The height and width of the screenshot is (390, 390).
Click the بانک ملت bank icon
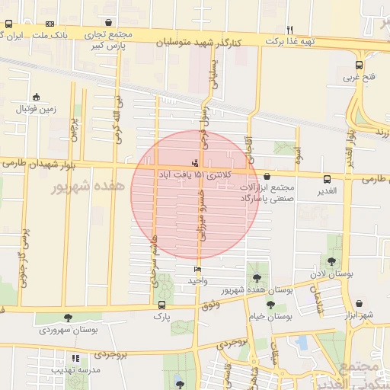click(50, 24)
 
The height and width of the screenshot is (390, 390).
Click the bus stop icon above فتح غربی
click(359, 66)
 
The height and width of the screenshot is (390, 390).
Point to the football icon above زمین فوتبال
click(36, 97)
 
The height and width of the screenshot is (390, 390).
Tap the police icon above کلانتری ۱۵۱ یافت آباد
click(196, 162)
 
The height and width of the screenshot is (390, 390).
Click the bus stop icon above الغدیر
click(327, 180)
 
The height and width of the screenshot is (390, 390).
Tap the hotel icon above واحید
click(197, 269)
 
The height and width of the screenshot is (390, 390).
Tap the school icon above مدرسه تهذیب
click(75, 358)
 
